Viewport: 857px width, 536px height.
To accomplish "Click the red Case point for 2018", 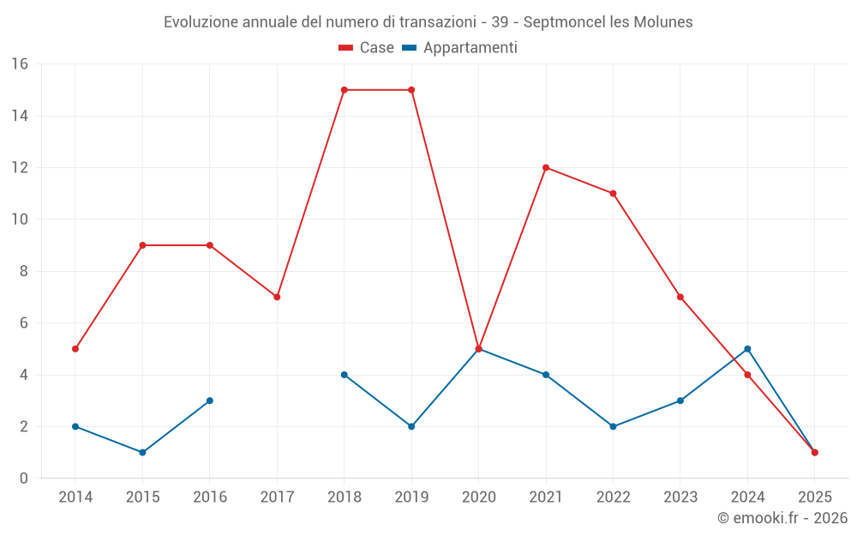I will pyautogui.click(x=345, y=90).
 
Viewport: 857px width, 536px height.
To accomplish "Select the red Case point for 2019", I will pyautogui.click(x=411, y=90).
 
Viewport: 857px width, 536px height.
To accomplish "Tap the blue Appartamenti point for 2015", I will pyautogui.click(x=142, y=452).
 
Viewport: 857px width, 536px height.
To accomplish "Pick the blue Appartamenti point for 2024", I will pyautogui.click(x=747, y=349).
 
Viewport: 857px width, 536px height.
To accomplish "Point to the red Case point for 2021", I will pyautogui.click(x=546, y=167).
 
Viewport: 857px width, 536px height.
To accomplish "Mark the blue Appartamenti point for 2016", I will pyautogui.click(x=210, y=400).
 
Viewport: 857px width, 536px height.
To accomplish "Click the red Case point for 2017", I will pyautogui.click(x=277, y=297).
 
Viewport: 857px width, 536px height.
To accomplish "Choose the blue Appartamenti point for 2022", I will pyautogui.click(x=613, y=426).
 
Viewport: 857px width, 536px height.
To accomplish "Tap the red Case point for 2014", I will pyautogui.click(x=75, y=349).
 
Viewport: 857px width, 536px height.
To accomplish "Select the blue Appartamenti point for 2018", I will pyautogui.click(x=345, y=375).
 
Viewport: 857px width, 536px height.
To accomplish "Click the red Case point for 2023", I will pyautogui.click(x=680, y=297).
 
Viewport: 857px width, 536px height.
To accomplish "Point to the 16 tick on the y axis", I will pyautogui.click(x=19, y=64).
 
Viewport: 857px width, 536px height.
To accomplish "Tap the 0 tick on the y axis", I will pyautogui.click(x=23, y=478).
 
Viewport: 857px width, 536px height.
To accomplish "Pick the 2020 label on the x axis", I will pyautogui.click(x=478, y=497).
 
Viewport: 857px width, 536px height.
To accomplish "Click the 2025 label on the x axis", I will pyautogui.click(x=814, y=497).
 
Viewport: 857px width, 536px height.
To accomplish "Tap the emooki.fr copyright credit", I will pyautogui.click(x=782, y=518).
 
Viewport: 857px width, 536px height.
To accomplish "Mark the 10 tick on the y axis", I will pyautogui.click(x=19, y=220).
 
